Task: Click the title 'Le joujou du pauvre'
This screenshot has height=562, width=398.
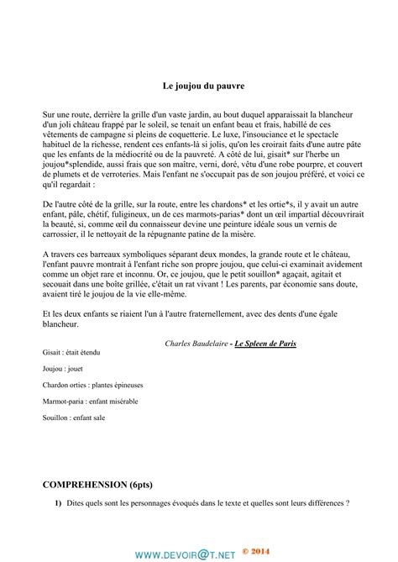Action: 198,85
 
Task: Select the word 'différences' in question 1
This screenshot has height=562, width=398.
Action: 324,504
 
